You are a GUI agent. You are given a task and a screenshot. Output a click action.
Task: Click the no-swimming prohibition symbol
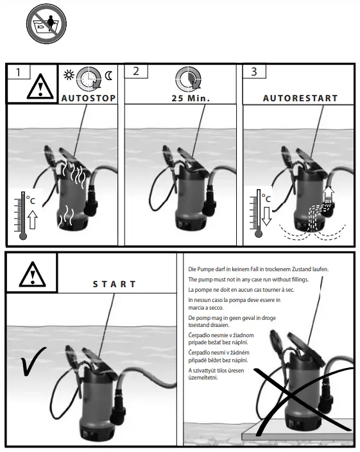(46, 24)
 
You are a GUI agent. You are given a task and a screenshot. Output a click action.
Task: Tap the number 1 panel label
(18, 72)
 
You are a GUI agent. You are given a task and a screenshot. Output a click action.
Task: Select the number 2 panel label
(136, 71)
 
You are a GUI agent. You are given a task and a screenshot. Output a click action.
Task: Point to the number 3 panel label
(254, 72)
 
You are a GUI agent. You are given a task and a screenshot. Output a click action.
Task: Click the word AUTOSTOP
(89, 98)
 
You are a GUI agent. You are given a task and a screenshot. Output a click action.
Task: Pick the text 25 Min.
(191, 98)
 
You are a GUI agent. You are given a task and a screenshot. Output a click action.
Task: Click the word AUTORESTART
(300, 98)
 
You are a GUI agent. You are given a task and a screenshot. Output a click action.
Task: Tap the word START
(114, 284)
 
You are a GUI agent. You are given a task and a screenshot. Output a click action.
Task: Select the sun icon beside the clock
(69, 75)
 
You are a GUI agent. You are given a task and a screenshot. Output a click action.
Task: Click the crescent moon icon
(108, 76)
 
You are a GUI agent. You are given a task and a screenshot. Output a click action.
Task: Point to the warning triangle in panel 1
(40, 87)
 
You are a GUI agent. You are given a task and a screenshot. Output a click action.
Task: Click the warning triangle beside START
(32, 274)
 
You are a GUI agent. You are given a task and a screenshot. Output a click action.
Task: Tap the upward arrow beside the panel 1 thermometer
(33, 219)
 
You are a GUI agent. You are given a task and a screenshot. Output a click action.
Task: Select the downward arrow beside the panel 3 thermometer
(266, 216)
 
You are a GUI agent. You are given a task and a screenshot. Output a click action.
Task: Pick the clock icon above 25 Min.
(189, 78)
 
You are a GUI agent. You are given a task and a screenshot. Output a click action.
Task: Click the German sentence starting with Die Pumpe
(259, 269)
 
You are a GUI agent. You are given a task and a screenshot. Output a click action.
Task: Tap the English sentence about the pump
(248, 280)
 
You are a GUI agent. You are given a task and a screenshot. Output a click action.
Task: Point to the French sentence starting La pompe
(241, 289)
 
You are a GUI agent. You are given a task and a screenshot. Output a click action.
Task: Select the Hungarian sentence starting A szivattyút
(216, 374)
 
